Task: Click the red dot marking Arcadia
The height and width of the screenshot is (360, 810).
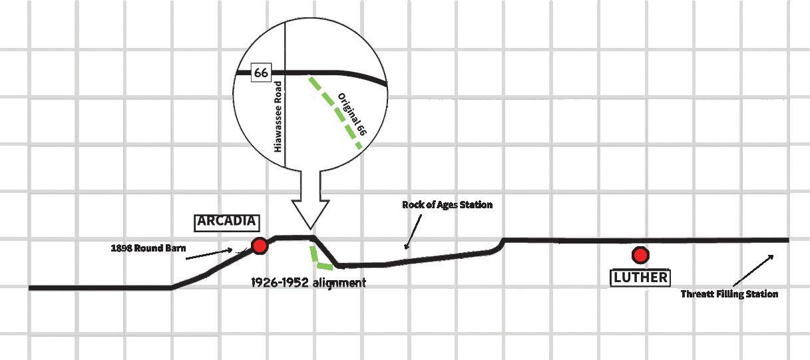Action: (x=260, y=246)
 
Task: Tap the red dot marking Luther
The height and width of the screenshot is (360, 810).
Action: (x=640, y=255)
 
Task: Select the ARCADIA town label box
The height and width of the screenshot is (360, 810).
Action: (x=227, y=222)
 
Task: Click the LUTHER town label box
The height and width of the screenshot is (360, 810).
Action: (x=640, y=277)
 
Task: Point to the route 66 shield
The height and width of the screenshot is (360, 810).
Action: (x=261, y=73)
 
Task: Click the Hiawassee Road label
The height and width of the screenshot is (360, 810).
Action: (x=279, y=116)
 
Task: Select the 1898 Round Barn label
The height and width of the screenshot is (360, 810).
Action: (x=148, y=249)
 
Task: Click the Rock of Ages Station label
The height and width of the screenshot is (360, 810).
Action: (x=447, y=205)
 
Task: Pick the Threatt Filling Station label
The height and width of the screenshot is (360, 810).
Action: (x=729, y=294)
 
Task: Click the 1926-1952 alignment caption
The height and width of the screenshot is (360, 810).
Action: (x=308, y=283)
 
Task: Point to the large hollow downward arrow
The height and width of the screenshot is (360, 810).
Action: (x=311, y=200)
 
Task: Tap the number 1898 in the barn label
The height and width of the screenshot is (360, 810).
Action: (x=121, y=249)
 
